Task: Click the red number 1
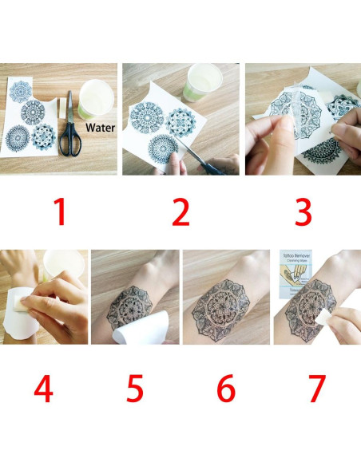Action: pos(59,213)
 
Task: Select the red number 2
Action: pos(180,213)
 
